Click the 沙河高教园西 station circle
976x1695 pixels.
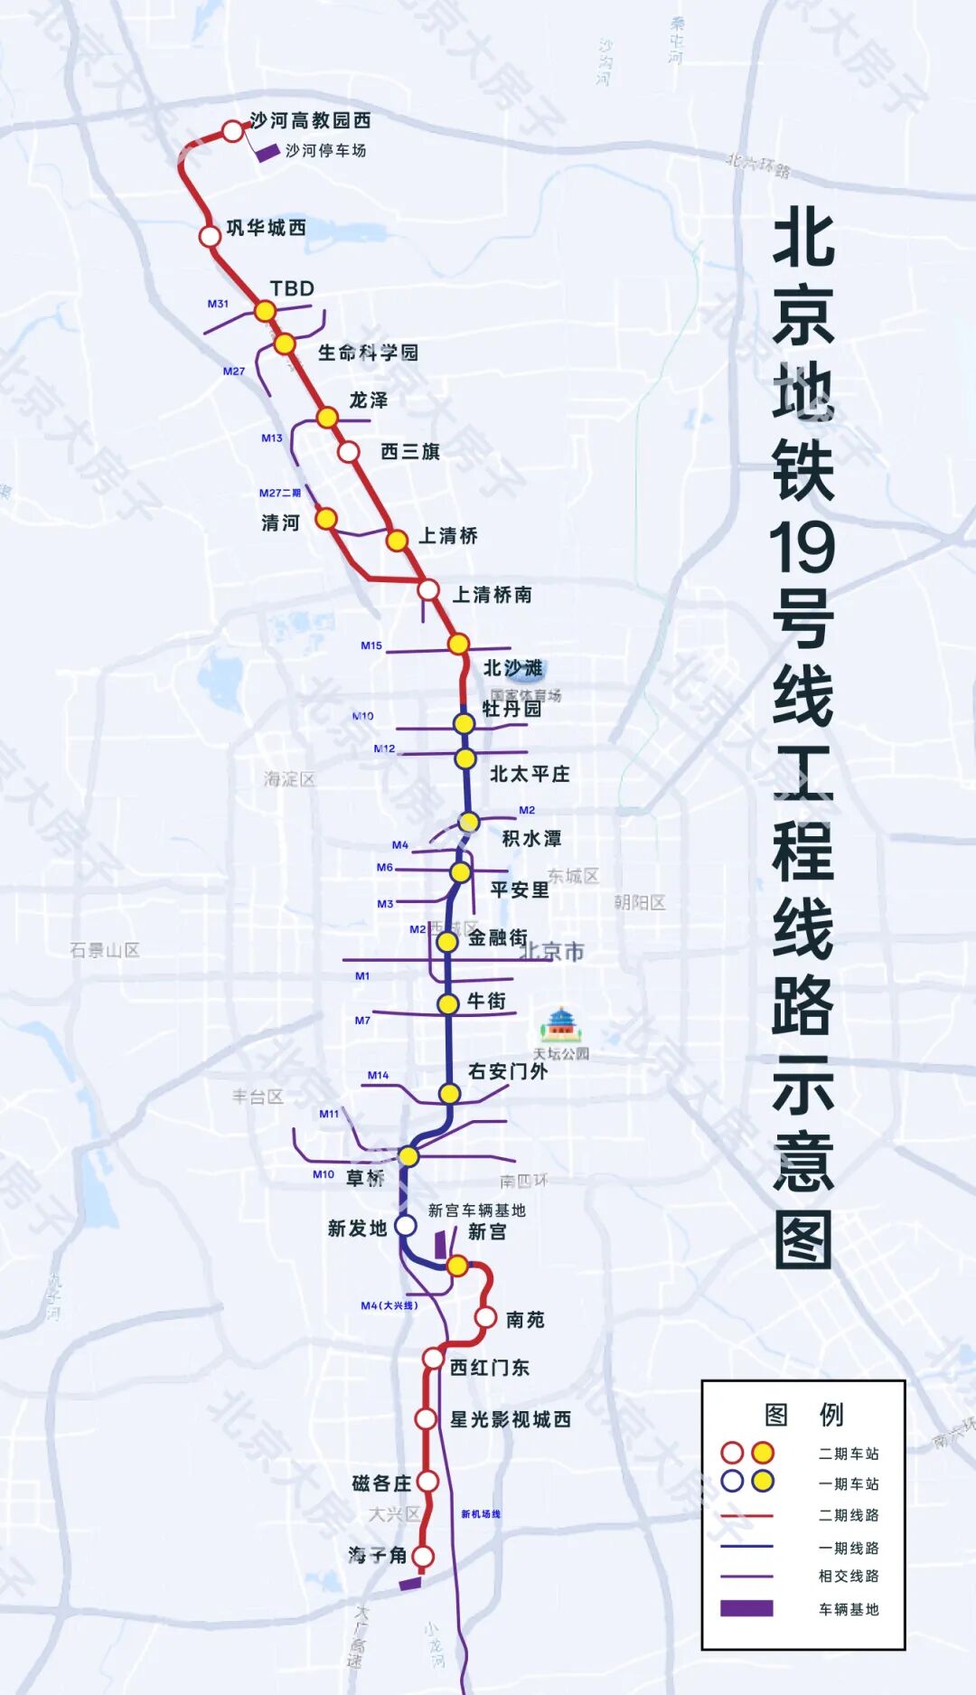coord(233,132)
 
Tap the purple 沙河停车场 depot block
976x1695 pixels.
coord(267,153)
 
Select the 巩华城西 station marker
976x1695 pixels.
coord(210,236)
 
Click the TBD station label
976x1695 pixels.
coord(292,288)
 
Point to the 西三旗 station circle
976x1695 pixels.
coord(349,451)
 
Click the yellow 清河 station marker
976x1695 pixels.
coord(326,519)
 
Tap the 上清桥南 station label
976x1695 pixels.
coord(492,595)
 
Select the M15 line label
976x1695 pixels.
coord(371,645)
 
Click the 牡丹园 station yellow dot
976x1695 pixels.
coord(464,723)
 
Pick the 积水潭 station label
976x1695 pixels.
coord(531,839)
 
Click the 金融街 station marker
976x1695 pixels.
coord(446,942)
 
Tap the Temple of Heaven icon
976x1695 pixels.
coord(561,1025)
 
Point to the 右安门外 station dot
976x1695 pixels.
coord(449,1094)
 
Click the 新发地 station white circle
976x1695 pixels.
coord(406,1225)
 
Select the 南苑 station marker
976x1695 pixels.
coord(485,1316)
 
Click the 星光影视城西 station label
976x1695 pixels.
coord(511,1419)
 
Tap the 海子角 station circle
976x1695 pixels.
coord(423,1557)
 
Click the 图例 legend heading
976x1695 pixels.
coord(803,1414)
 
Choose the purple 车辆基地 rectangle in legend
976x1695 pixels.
coord(746,1608)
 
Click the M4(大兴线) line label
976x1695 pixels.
coord(389,1305)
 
